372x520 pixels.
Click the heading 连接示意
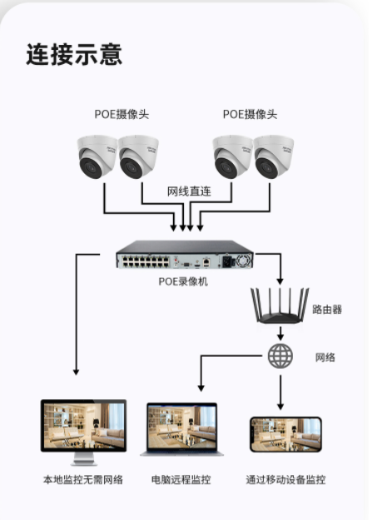[74, 54]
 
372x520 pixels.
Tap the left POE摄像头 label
[122, 115]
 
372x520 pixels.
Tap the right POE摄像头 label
[250, 115]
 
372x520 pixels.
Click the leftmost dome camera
[97, 156]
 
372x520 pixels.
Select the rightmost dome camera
[273, 156]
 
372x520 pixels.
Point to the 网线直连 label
[189, 191]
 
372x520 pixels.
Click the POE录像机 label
[183, 281]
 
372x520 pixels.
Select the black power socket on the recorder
[227, 261]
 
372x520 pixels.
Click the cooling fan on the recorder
[243, 260]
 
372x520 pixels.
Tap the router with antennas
[280, 306]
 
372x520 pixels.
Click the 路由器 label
[327, 310]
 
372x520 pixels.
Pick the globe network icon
[280, 356]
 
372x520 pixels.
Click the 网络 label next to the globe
[325, 358]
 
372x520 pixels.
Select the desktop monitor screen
[83, 425]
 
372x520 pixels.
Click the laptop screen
[182, 427]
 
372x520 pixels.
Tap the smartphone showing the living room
[285, 434]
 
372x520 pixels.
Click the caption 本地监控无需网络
[83, 479]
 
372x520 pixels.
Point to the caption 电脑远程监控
[181, 479]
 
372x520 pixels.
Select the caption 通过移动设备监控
[285, 479]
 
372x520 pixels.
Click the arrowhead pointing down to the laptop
[201, 388]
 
